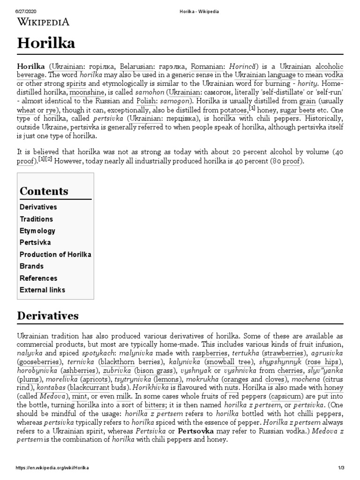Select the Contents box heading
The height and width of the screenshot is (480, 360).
44,191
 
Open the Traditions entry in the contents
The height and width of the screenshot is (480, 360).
36,219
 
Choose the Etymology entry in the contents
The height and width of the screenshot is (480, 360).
37,231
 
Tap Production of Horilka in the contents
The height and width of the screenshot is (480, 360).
55,254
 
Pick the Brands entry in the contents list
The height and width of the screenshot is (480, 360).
31,266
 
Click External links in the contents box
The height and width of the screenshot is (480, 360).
42,290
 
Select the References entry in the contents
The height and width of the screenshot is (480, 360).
38,278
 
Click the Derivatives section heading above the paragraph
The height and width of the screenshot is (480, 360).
48,315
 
